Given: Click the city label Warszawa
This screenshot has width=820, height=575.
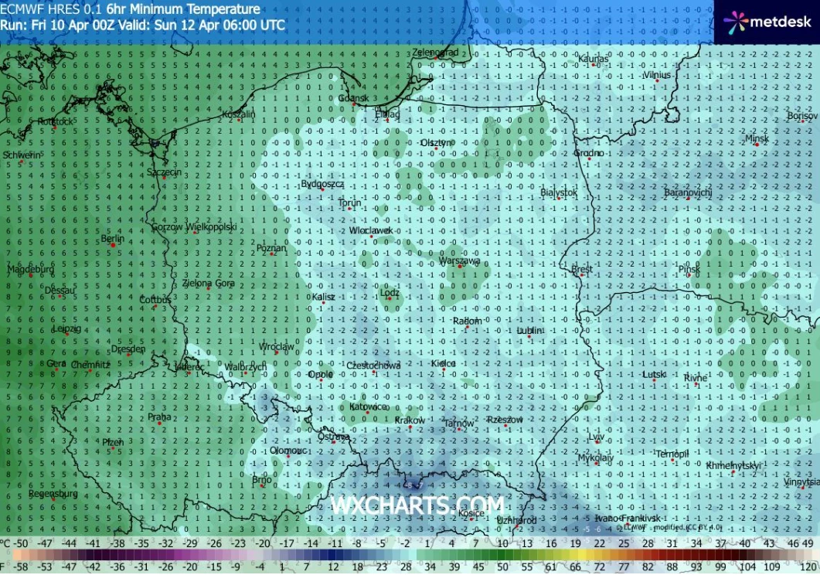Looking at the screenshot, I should pos(459,261).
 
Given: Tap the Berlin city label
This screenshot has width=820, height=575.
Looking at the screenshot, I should pos(113,239).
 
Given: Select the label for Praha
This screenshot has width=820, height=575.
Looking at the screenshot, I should pos(159,417).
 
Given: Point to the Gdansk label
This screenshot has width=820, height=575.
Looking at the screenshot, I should pos(355,99).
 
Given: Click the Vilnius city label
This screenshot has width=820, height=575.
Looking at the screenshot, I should pos(657,75).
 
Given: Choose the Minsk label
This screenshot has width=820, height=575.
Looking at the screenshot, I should pos(757,139).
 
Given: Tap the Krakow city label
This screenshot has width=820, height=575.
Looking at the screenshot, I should pos(410,420).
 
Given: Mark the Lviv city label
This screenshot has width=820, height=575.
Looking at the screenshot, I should pos(596,437).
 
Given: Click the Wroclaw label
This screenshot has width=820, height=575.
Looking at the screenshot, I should pos(277,347).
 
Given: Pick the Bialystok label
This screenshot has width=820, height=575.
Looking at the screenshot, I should pos(559,192).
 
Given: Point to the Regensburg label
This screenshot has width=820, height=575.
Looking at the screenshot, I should pos(53,493).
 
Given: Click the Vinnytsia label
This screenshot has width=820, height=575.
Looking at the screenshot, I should pos(800,481).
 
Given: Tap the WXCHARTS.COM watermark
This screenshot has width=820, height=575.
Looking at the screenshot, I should pos(418,505).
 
